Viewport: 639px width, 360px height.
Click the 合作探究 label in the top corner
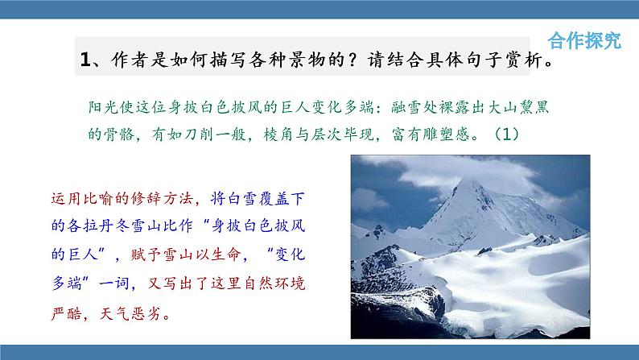pos(584,41)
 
